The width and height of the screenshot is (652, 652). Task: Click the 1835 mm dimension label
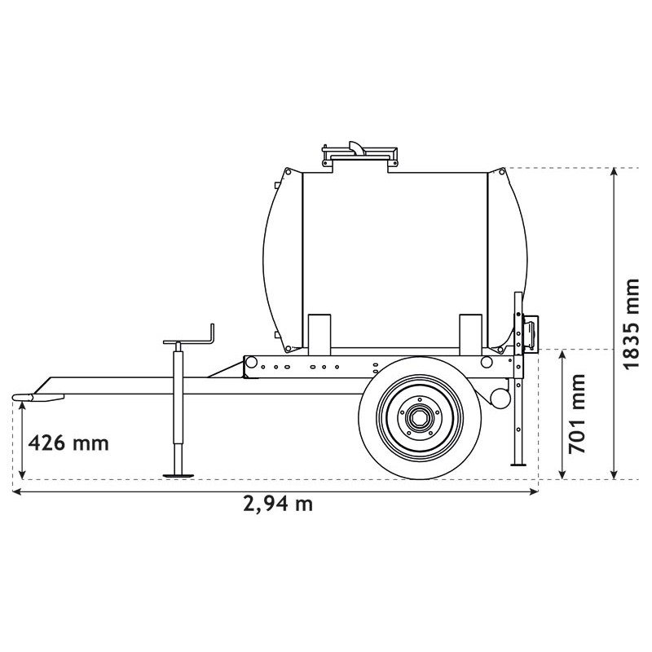click(632, 324)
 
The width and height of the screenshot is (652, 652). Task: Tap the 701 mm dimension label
click(576, 414)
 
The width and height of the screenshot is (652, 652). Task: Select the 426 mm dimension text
click(68, 443)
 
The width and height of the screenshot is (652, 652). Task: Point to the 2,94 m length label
click(278, 503)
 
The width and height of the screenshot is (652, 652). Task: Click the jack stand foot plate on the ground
click(178, 474)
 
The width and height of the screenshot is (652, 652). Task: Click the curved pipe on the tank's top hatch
click(357, 147)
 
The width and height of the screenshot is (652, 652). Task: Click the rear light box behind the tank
click(531, 334)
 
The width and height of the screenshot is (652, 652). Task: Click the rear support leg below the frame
click(516, 432)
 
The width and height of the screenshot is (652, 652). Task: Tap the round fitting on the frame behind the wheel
click(499, 397)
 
